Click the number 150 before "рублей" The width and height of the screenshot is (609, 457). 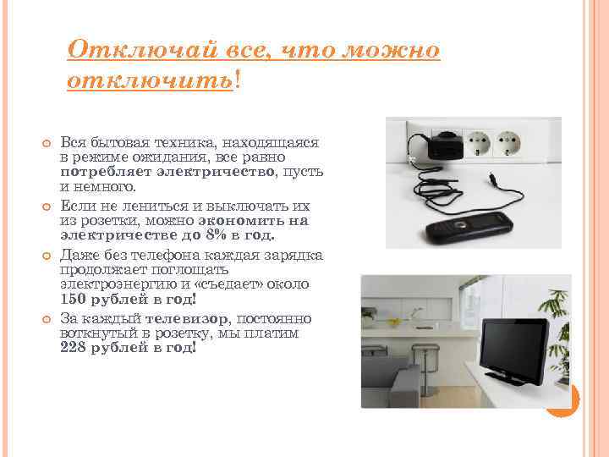[74, 300]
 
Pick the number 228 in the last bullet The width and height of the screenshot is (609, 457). [74, 346]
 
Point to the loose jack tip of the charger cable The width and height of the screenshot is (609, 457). [492, 179]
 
